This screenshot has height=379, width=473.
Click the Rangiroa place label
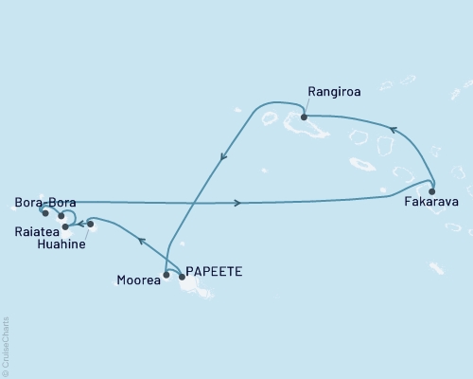(x=331, y=92)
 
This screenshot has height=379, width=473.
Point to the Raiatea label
(x=35, y=230)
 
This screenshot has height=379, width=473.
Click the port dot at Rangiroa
(x=304, y=117)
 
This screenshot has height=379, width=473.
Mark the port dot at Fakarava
(x=430, y=188)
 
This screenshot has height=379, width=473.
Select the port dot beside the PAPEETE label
(x=182, y=277)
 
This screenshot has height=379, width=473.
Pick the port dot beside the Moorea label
(x=166, y=276)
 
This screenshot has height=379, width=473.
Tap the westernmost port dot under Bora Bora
(x=44, y=213)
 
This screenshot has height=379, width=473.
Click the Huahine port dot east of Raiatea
(x=91, y=225)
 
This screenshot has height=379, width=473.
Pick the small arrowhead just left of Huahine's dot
(x=80, y=226)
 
